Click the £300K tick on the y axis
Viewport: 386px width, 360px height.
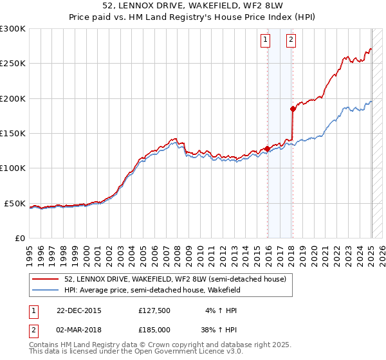[x=12, y=29]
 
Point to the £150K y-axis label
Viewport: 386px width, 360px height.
[x=12, y=134]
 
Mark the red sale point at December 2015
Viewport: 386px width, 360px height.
[x=267, y=148]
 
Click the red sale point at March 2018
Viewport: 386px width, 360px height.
[x=292, y=109]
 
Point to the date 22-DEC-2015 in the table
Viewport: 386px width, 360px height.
[x=79, y=310]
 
